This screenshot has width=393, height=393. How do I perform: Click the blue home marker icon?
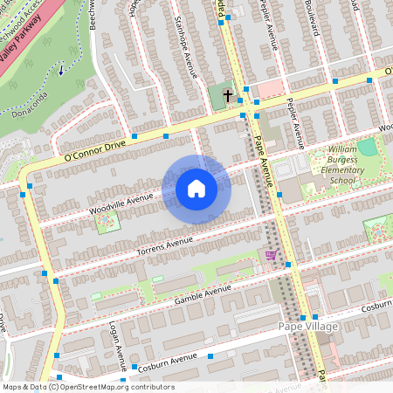point(196,189)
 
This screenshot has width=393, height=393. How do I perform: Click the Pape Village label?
point(305,327)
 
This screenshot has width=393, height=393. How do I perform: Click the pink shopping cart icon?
point(271,255)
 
